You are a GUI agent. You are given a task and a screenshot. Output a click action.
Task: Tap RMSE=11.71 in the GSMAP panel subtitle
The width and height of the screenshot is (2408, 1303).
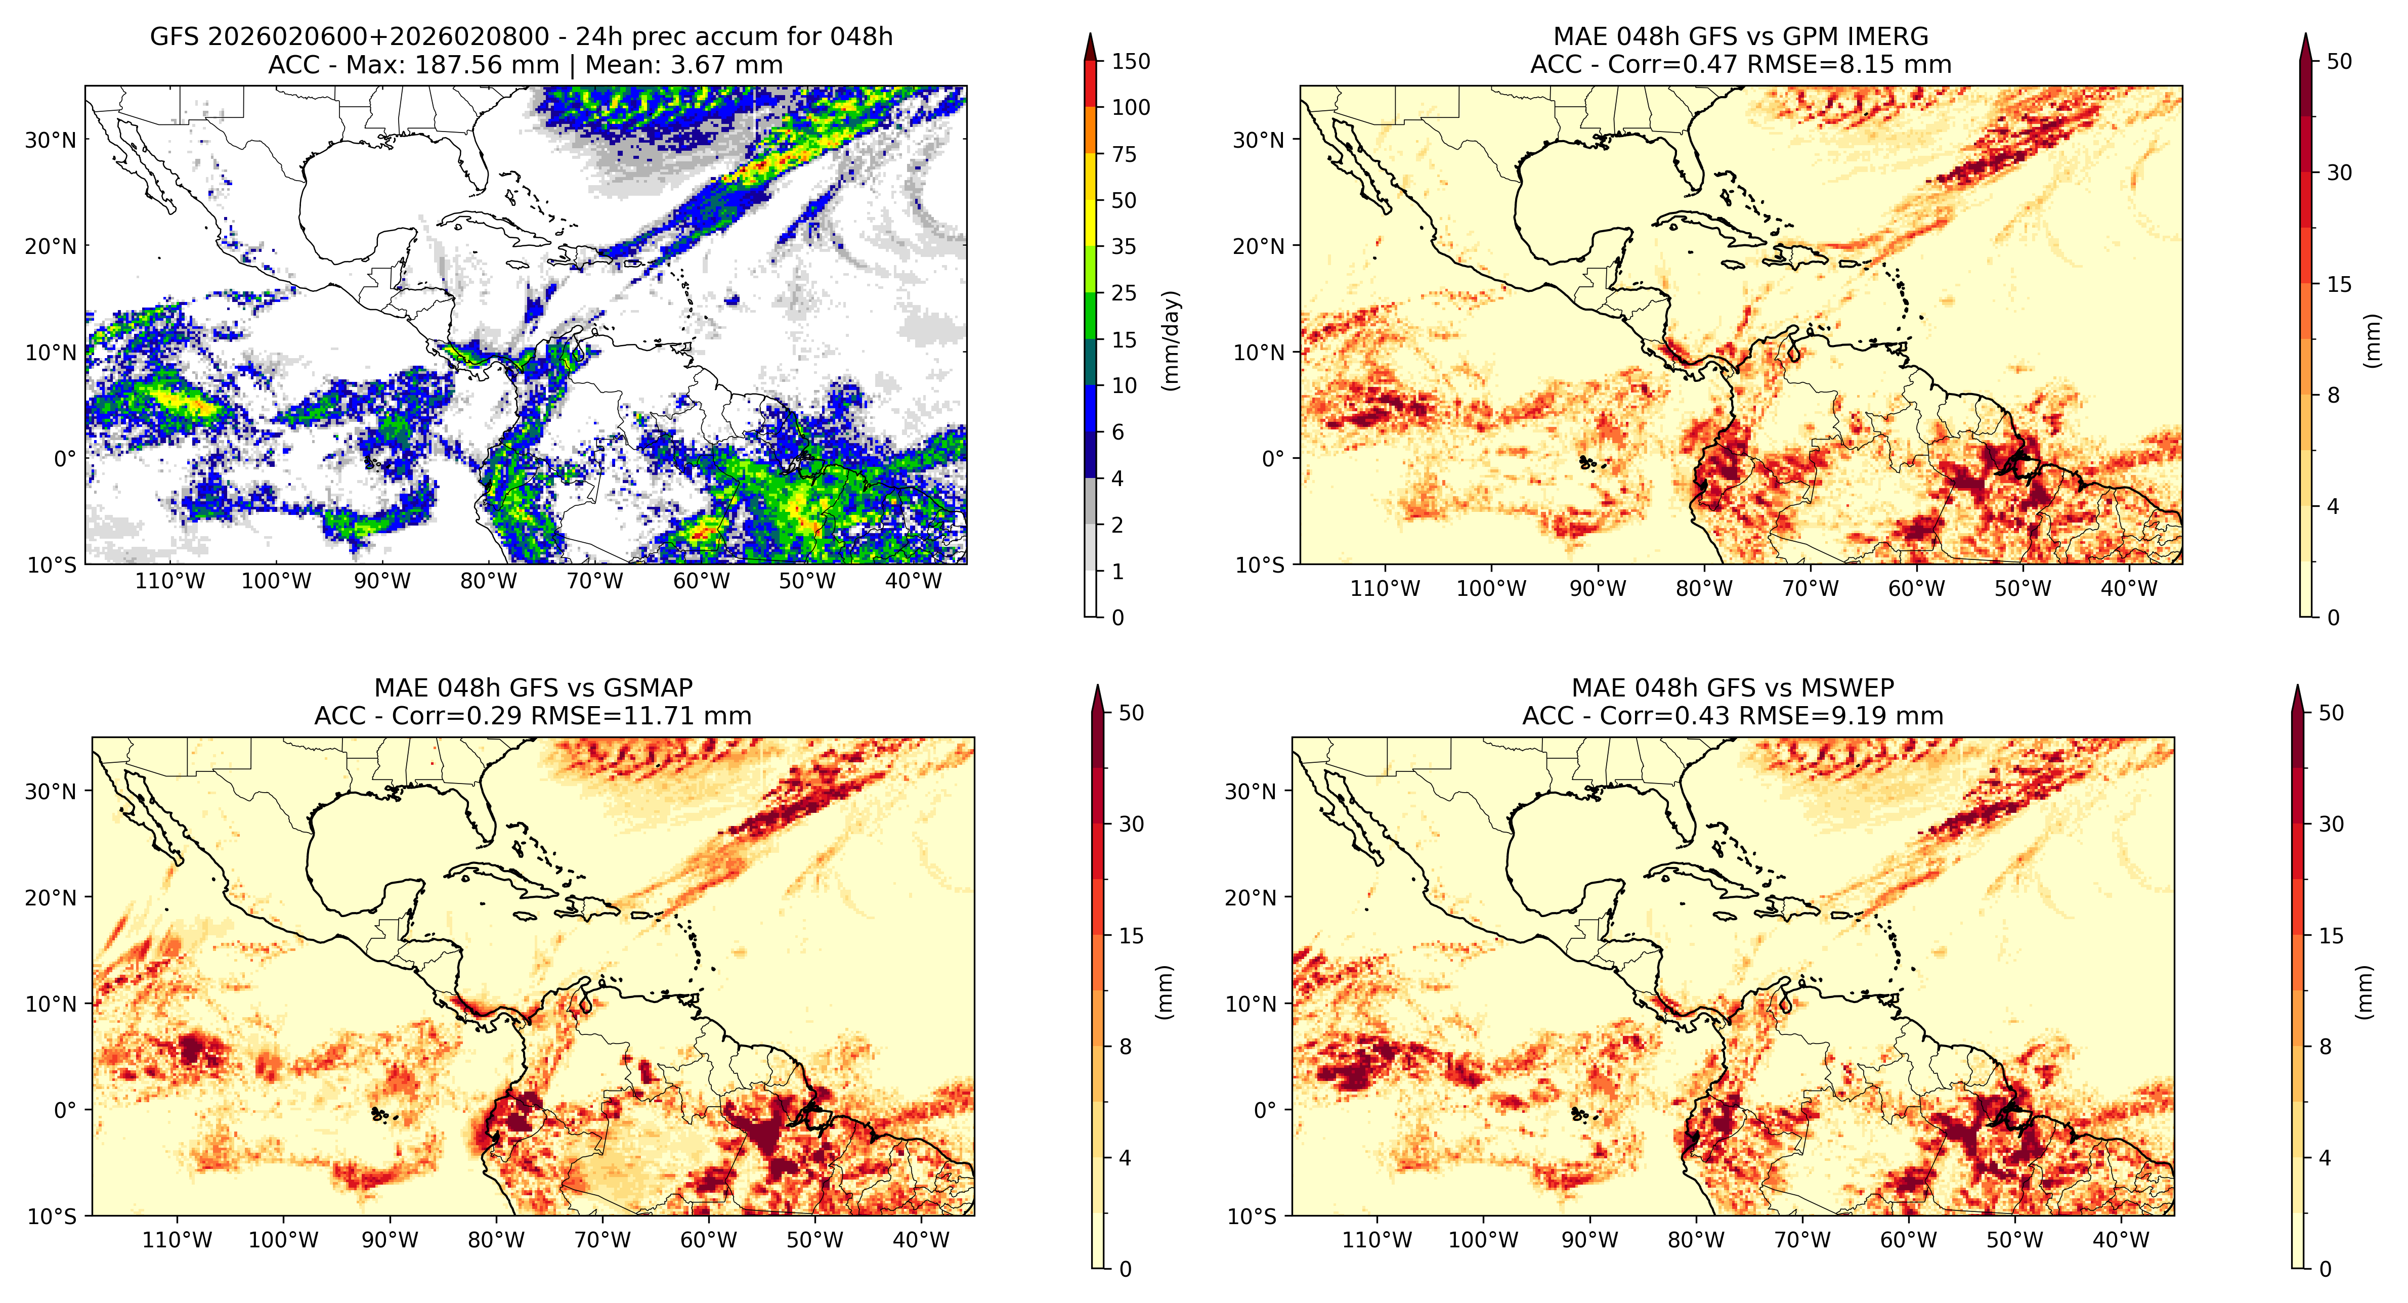603,716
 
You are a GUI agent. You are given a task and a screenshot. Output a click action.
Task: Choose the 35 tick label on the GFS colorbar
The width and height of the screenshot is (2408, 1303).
1124,247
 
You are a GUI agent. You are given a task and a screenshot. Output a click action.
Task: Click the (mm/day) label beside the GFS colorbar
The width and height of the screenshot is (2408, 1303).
1170,340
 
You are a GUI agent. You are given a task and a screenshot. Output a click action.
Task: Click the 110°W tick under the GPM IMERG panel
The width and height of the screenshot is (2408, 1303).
1385,589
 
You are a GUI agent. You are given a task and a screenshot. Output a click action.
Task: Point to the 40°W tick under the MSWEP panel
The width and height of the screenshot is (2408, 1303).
2121,1240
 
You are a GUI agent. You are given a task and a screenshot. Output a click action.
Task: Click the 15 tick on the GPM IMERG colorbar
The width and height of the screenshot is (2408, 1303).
2339,284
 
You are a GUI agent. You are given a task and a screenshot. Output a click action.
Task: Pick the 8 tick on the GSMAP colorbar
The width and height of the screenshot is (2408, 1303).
1126,1047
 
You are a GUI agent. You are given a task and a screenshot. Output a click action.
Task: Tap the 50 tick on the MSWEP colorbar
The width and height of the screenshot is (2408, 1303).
2331,713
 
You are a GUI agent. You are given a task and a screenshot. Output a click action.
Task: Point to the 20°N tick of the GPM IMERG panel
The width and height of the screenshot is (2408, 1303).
1259,247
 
